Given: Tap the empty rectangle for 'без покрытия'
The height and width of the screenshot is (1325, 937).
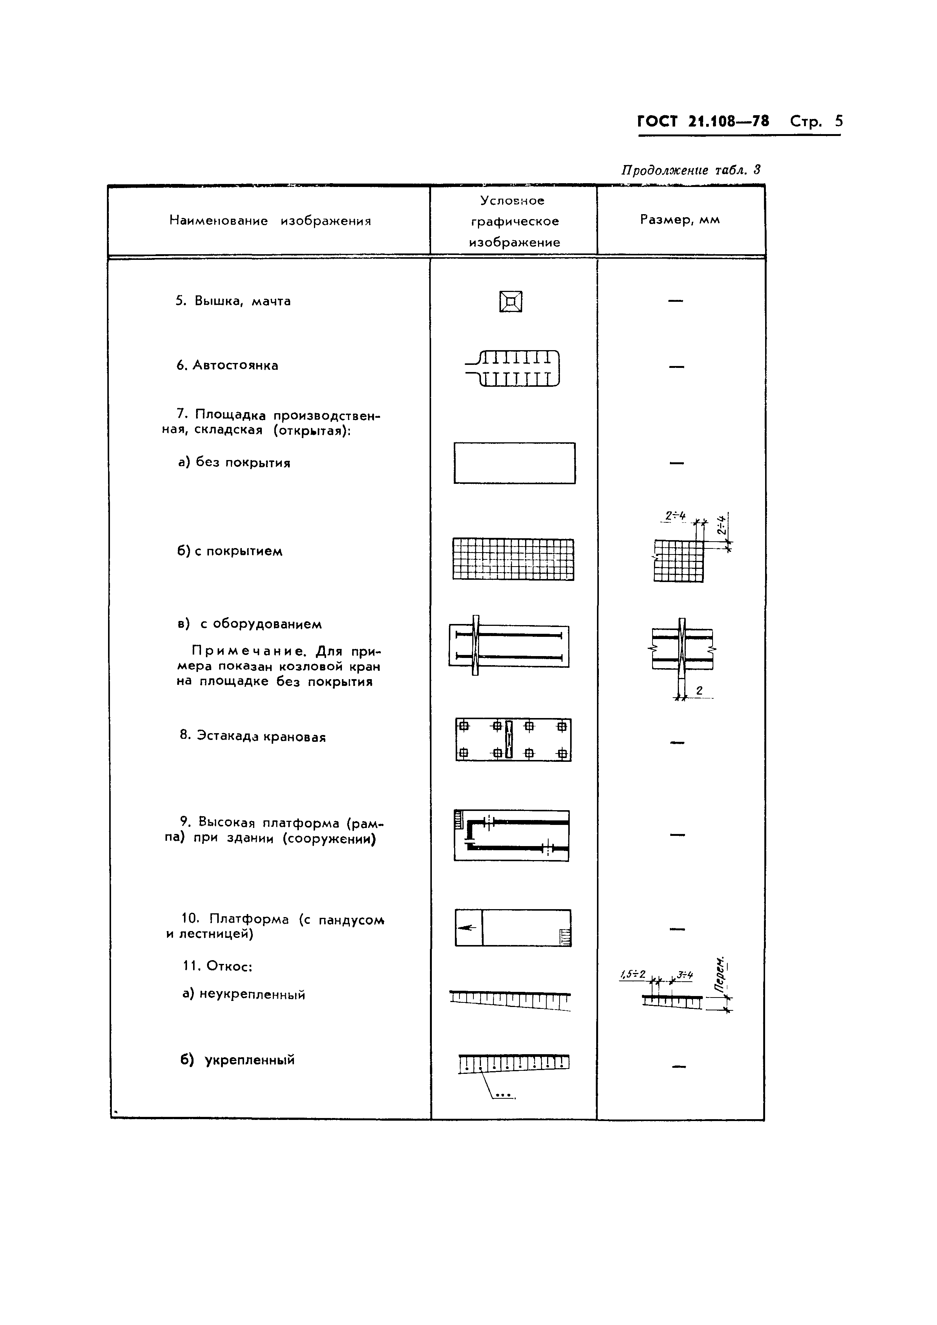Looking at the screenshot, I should (514, 463).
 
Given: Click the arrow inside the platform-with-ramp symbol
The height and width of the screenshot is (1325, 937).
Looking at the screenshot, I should (467, 927).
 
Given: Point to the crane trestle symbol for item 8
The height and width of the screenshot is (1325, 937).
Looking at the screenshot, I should (513, 739).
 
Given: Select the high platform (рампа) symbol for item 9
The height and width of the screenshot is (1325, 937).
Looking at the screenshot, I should (512, 835).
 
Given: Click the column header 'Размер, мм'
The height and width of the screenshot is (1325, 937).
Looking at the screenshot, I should (680, 220).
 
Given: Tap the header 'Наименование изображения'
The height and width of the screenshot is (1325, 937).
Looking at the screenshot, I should (270, 221).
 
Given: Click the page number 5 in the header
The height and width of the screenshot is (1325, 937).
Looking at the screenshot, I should (838, 121).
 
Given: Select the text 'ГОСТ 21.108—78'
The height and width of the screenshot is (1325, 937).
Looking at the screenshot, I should (703, 121).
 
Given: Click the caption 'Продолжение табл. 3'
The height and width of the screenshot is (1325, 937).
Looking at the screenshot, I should (691, 170).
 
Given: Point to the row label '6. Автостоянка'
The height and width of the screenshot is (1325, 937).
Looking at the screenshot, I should (227, 365).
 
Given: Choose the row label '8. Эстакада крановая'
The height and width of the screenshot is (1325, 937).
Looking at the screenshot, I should (253, 737).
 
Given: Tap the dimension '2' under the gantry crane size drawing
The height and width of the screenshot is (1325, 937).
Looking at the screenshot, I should (699, 690).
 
